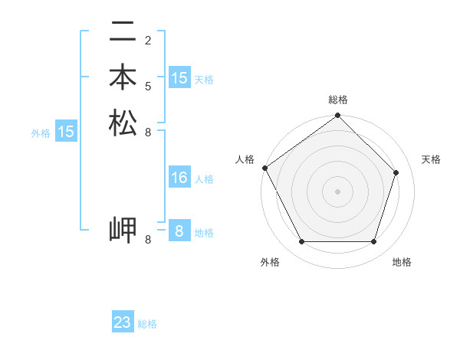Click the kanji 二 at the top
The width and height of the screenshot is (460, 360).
[123, 33]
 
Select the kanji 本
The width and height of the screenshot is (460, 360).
[123, 79]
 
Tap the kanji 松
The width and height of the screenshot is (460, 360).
[123, 123]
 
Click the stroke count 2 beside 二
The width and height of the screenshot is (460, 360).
[148, 40]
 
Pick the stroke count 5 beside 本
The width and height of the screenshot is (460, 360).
[148, 86]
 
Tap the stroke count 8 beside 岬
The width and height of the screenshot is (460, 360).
[148, 240]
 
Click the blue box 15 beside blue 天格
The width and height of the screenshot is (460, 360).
[179, 78]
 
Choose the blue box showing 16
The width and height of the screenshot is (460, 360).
[179, 178]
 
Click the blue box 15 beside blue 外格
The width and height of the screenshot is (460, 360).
[66, 132]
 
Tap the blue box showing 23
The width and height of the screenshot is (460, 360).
[123, 322]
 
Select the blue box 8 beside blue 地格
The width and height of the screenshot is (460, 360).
[179, 231]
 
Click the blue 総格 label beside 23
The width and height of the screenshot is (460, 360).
[147, 324]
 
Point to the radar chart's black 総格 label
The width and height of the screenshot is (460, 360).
[338, 100]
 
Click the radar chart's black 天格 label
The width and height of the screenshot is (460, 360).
[431, 159]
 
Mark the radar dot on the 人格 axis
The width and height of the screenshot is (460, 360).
[264, 168]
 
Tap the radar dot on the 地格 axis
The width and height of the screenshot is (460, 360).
[373, 242]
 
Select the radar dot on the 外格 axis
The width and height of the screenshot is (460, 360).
[301, 242]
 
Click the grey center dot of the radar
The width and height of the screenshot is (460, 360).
[337, 191]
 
